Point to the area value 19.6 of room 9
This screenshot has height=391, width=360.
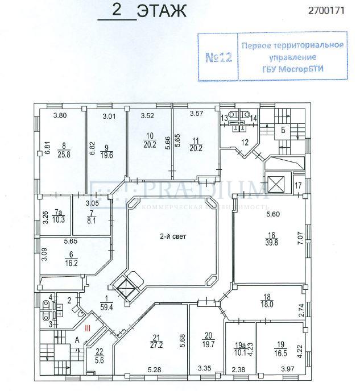(x=106, y=155)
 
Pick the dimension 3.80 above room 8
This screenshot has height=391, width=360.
(x=60, y=117)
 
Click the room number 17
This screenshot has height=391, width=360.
(x=298, y=186)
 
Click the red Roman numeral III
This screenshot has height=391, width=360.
(x=87, y=328)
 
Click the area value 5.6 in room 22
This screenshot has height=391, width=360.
(x=100, y=359)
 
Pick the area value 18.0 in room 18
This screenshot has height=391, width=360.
(x=268, y=305)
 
